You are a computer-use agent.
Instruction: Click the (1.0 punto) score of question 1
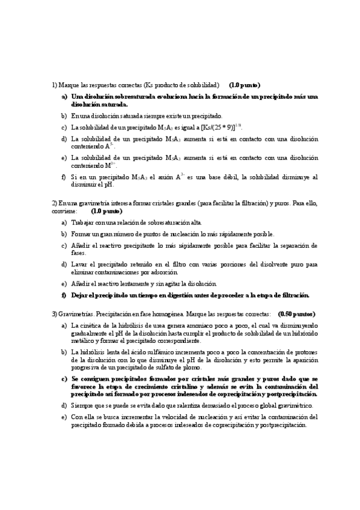pyautogui.click(x=244, y=85)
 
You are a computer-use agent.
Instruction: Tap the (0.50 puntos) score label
pyautogui.click(x=297, y=314)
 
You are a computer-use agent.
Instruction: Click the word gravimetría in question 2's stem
pyautogui.click(x=85, y=204)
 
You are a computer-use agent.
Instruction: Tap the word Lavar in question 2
pyautogui.click(x=79, y=264)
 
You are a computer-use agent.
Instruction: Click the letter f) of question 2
pyautogui.click(x=64, y=295)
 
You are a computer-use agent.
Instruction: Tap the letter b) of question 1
pyautogui.click(x=64, y=115)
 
